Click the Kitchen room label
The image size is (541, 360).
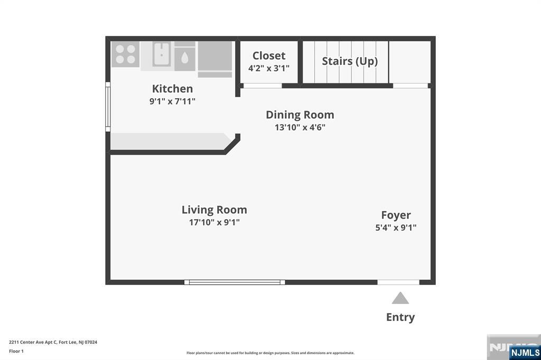click(172, 89)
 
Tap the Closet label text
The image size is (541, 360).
click(269, 55)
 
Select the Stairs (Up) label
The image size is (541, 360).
click(350, 61)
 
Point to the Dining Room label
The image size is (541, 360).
click(300, 115)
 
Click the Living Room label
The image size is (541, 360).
click(214, 210)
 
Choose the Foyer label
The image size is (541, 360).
click(396, 215)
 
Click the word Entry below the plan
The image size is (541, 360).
click(400, 317)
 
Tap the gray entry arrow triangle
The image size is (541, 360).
click(400, 298)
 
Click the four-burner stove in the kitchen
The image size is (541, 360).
click(125, 54)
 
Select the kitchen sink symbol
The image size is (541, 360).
click(162, 54)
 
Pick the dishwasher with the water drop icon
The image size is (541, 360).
click(184, 56)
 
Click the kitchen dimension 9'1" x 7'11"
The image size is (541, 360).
click(172, 101)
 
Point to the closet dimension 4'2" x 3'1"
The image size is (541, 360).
click(269, 68)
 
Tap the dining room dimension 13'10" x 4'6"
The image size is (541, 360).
click(300, 127)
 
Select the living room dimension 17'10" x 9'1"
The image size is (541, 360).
click(214, 222)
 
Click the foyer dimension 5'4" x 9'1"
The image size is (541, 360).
click(396, 228)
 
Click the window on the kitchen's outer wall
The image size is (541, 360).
click(108, 107)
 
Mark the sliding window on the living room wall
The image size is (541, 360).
click(235, 282)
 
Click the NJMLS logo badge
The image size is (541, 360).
click(525, 352)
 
